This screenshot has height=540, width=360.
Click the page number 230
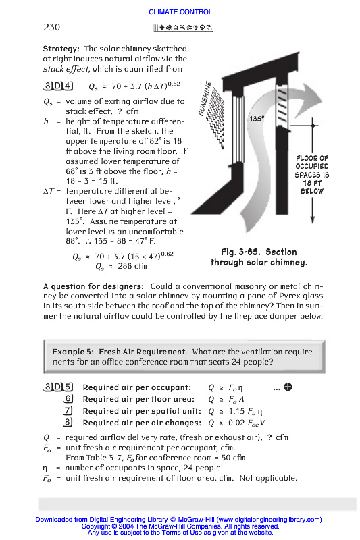(x=52, y=27)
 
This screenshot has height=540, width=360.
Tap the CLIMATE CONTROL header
(x=180, y=12)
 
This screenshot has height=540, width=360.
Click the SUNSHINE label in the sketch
(x=204, y=99)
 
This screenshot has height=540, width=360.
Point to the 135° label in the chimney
(x=257, y=119)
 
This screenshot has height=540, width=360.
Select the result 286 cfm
(x=132, y=266)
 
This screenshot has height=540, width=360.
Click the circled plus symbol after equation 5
(x=288, y=387)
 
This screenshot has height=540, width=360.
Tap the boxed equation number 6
(x=68, y=399)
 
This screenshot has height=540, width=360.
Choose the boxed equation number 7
(x=68, y=410)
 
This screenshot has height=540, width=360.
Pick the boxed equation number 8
(x=68, y=423)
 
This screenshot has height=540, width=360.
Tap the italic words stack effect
(x=66, y=69)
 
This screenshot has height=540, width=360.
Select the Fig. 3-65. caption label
(x=242, y=252)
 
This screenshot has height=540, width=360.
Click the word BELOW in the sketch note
(x=312, y=191)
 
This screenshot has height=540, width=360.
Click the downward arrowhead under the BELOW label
(x=313, y=219)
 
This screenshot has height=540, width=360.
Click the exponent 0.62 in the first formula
(x=174, y=84)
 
